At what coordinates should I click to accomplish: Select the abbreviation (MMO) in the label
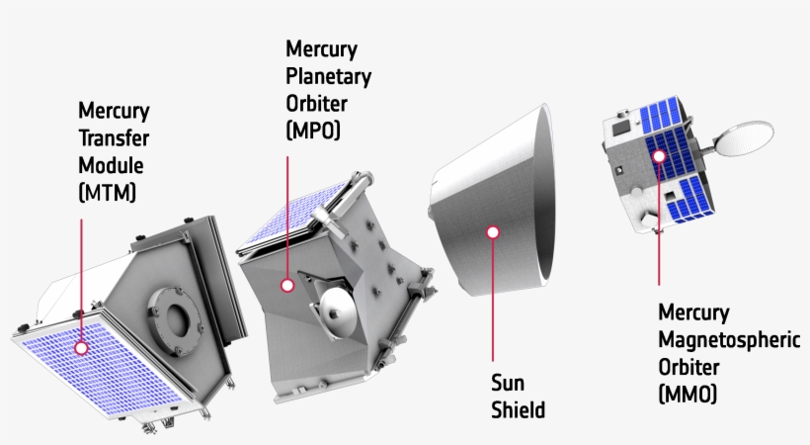(x=688, y=394)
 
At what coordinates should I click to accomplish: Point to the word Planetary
(x=329, y=75)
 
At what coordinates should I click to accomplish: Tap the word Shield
(x=518, y=409)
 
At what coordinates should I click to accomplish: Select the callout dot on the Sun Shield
(x=493, y=232)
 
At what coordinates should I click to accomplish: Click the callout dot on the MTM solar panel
(x=81, y=347)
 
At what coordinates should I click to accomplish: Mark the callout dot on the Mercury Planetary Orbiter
(x=286, y=285)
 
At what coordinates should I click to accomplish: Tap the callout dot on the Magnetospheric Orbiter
(x=658, y=154)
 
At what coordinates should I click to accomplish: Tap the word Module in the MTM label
(x=110, y=164)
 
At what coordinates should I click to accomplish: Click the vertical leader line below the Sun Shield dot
(x=493, y=297)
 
